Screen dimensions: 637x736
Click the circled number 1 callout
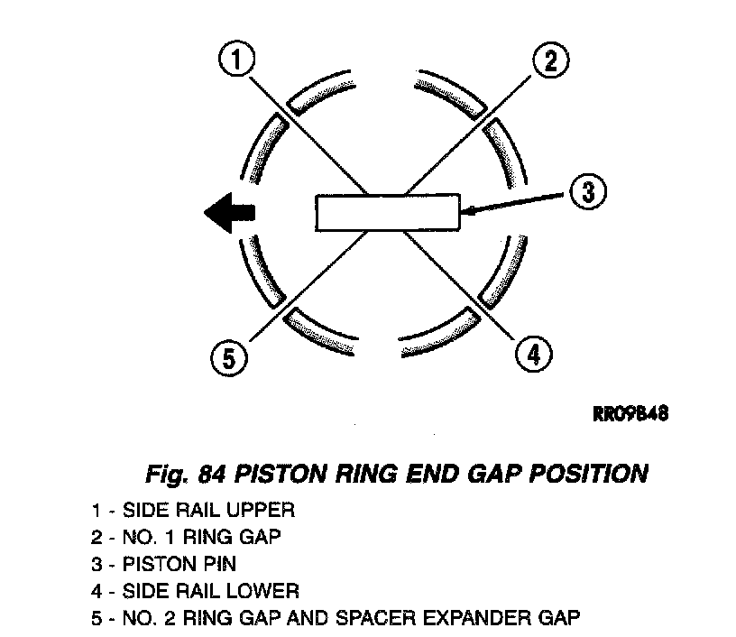point(237,62)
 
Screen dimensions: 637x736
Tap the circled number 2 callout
point(549,61)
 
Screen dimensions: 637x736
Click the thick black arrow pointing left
point(230,213)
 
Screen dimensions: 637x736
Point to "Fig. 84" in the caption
point(179,474)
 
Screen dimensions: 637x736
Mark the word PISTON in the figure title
point(262,474)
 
